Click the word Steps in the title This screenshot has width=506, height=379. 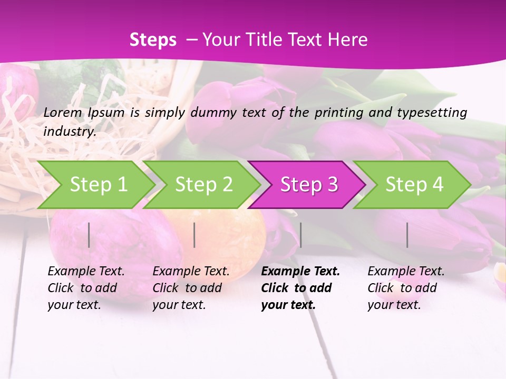pos(153,40)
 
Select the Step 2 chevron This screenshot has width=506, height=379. pos(203,184)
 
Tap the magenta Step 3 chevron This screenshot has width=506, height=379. pos(309,184)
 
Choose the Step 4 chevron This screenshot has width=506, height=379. pos(414,184)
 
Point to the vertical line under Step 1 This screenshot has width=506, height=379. pos(89,235)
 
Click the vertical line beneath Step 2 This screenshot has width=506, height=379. pos(194,235)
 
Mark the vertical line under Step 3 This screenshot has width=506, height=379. pos(300,235)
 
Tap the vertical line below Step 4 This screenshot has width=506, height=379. pos(407,235)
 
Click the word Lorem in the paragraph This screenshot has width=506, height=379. pos(63,112)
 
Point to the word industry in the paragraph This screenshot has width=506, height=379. pos(70,132)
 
